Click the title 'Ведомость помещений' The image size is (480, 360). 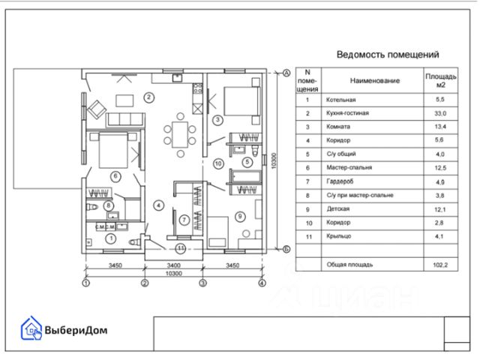(x=387, y=54)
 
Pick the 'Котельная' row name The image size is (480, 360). (x=340, y=99)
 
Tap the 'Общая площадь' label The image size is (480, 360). (x=349, y=265)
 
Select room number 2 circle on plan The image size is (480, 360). (x=149, y=97)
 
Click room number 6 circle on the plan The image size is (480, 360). (x=115, y=176)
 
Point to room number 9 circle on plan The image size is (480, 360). (x=240, y=217)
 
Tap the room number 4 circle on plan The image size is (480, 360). (x=158, y=205)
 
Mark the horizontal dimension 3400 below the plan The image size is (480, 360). (x=173, y=266)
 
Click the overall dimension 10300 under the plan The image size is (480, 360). (x=173, y=274)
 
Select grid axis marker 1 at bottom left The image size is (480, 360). (x=85, y=283)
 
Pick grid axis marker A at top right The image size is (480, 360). (x=286, y=73)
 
